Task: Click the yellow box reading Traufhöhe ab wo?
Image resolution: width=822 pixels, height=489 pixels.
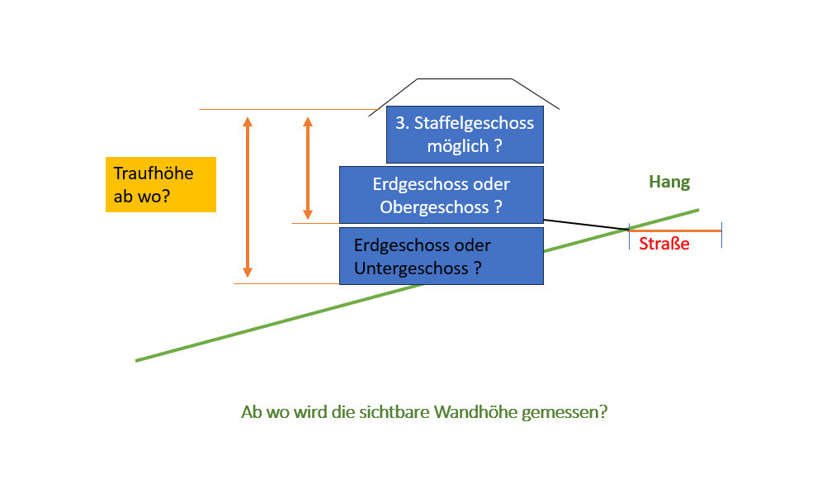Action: pos(160,184)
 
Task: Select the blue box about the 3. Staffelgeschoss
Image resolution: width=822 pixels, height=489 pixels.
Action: pos(465,135)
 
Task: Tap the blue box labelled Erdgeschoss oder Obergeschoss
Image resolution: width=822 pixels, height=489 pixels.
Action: pos(441,195)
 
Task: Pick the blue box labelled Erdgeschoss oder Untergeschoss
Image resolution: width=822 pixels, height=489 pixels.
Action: pos(441,256)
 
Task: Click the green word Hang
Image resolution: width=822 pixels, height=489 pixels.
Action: pos(668,183)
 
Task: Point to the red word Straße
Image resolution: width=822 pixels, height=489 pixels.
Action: pos(664,244)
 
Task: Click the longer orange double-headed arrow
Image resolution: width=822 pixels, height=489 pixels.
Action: pos(247,197)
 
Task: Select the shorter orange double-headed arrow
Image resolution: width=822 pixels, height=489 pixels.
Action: pos(308,168)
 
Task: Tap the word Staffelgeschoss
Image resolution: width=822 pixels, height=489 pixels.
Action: pos(475,124)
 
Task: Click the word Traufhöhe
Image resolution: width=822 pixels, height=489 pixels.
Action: pos(153,173)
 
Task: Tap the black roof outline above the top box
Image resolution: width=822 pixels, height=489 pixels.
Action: pos(465,79)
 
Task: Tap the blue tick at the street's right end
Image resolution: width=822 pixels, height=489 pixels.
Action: pos(721,235)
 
